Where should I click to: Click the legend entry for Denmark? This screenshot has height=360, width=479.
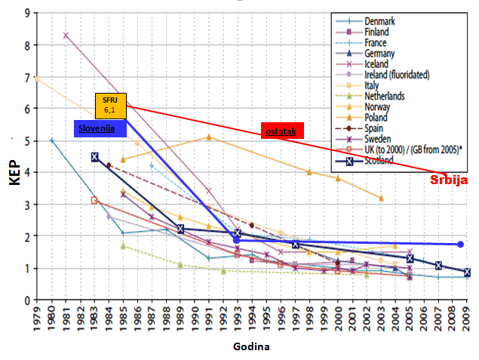381,21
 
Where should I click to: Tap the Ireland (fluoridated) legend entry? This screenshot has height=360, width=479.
397,75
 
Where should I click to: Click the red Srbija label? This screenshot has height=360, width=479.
450,180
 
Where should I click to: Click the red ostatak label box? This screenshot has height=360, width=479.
281,131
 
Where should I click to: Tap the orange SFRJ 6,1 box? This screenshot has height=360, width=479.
110,104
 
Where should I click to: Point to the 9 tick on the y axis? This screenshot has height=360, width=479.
27,13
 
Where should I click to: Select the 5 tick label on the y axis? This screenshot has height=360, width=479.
27,140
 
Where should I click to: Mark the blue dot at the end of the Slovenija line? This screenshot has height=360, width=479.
460,245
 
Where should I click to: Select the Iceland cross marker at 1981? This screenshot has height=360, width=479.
66,35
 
